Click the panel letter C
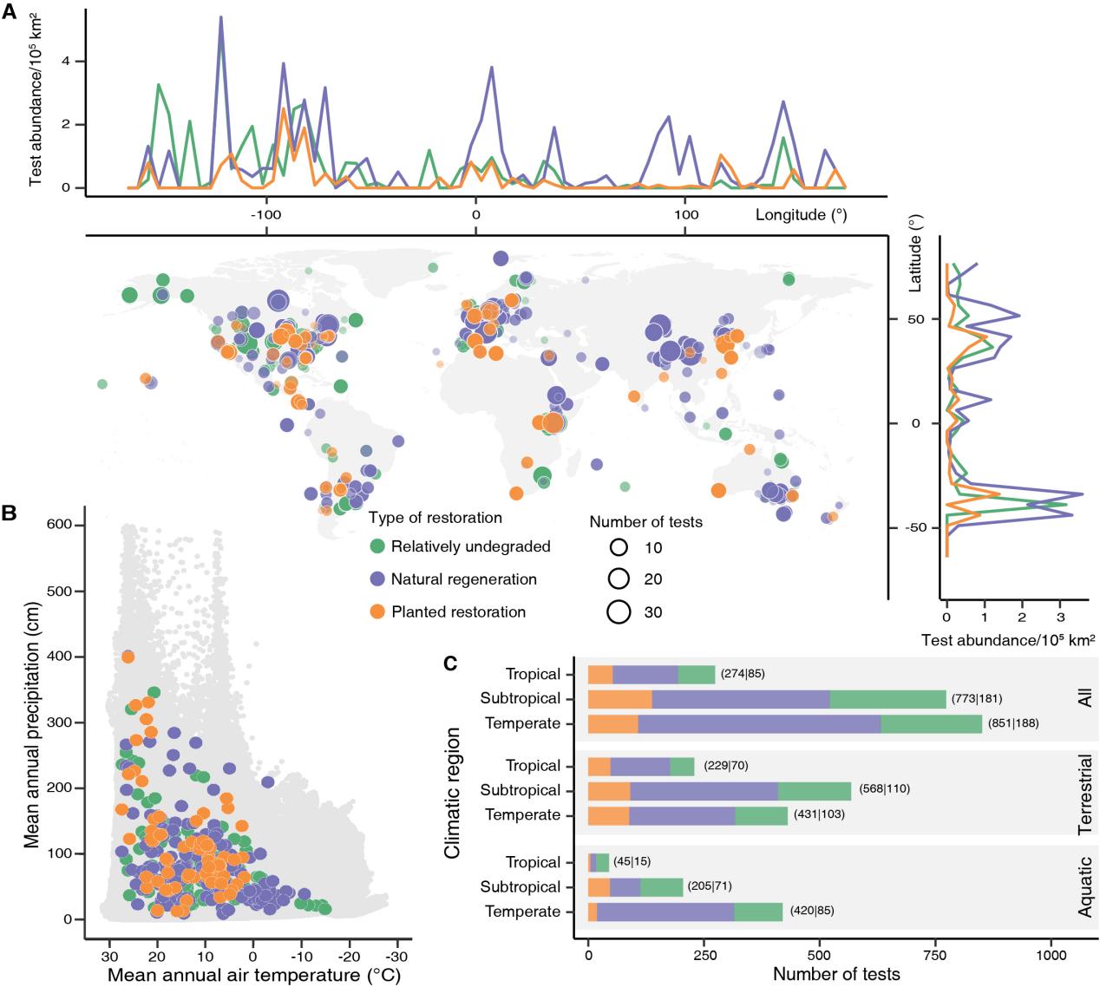(x=451, y=663)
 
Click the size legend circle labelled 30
(x=619, y=611)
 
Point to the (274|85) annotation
(x=743, y=674)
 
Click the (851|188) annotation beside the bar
(x=1012, y=723)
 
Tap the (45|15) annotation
(x=632, y=862)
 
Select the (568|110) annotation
(x=885, y=789)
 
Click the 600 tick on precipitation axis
(x=70, y=526)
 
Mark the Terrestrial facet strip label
(x=1085, y=794)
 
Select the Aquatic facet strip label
(x=1085, y=888)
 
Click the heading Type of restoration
(x=435, y=518)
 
